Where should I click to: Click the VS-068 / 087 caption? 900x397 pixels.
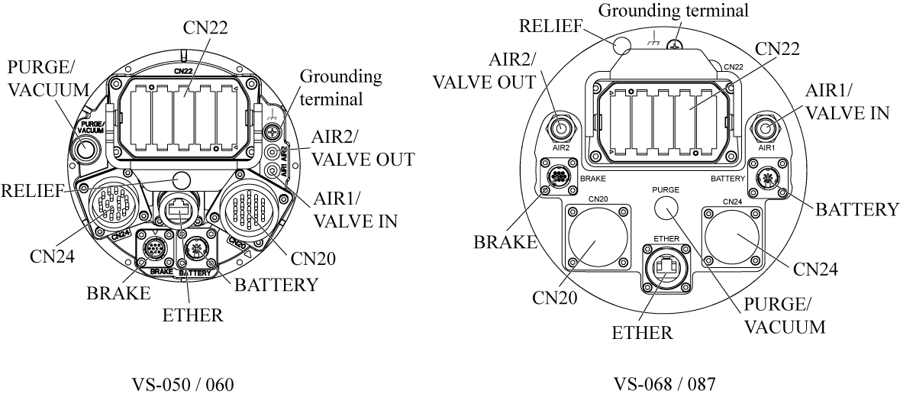click(x=665, y=383)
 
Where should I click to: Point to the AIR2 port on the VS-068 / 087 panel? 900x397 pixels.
click(x=563, y=126)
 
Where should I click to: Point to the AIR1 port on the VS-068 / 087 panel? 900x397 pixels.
click(x=767, y=126)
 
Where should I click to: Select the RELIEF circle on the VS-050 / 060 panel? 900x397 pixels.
click(x=181, y=180)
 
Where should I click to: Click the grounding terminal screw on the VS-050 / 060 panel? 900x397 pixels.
click(x=272, y=132)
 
